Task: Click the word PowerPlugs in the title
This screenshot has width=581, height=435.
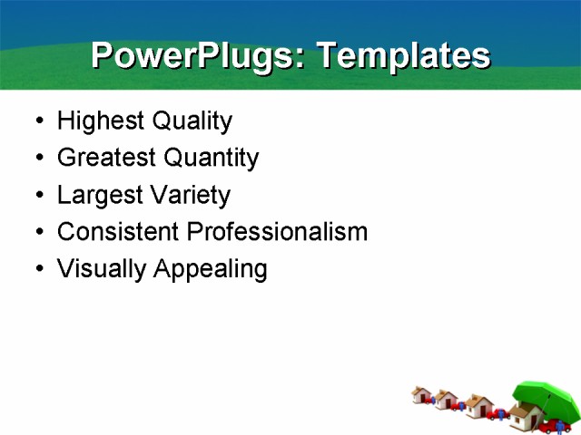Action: click(192, 56)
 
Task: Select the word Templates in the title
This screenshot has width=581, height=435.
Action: click(402, 56)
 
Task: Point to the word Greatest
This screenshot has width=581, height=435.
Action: click(106, 159)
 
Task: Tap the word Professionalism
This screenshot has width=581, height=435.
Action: click(277, 232)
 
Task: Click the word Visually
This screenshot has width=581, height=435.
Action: click(101, 269)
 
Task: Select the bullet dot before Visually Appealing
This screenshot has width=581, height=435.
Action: click(37, 270)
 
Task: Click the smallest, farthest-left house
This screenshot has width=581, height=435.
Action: click(420, 394)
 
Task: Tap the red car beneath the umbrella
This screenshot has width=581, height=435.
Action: click(555, 425)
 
